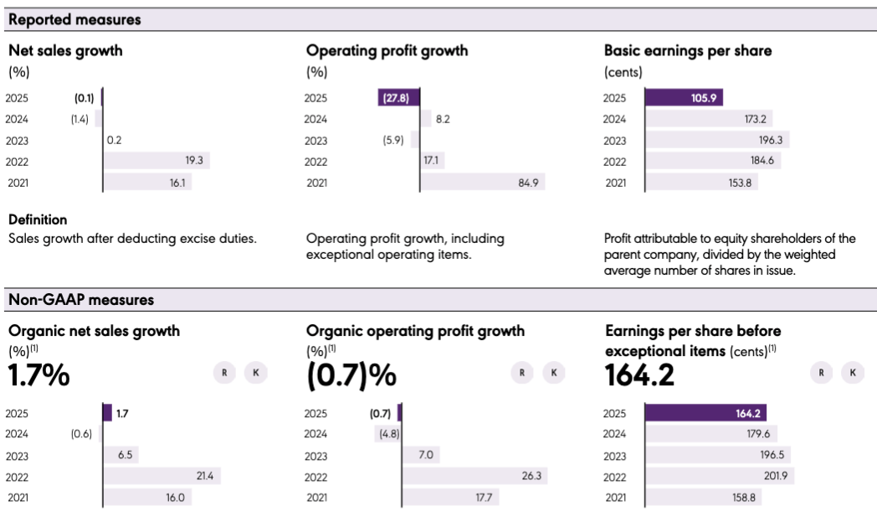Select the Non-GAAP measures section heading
[81, 299]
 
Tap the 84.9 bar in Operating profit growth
[481, 182]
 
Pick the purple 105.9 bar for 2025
[683, 98]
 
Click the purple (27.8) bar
[397, 98]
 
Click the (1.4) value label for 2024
[79, 120]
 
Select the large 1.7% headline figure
[38, 374]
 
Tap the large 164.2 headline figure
[639, 374]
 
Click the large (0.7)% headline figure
[351, 374]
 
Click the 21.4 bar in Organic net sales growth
[160, 477]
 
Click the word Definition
[38, 220]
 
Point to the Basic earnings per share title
[688, 50]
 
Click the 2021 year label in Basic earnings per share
[614, 183]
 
